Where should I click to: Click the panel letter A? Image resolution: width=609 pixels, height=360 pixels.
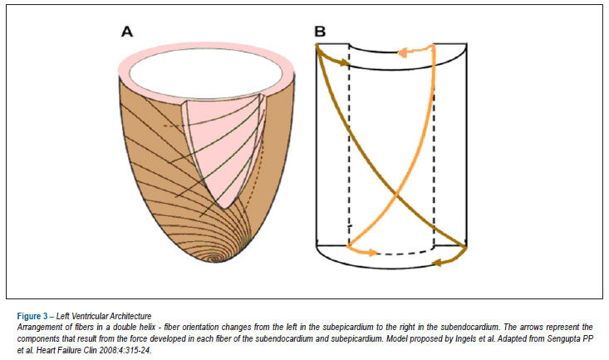[127, 32]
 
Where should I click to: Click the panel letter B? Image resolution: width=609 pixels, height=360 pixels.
[320, 32]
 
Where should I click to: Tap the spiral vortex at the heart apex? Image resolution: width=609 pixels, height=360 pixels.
[216, 257]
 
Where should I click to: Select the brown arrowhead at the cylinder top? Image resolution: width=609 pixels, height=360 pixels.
[345, 62]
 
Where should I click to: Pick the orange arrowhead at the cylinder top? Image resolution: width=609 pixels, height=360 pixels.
[404, 52]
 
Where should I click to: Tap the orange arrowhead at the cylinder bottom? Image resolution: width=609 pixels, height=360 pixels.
[372, 253]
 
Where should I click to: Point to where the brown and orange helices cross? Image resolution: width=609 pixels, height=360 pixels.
[396, 192]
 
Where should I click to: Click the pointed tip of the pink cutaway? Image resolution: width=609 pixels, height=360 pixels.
[222, 209]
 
